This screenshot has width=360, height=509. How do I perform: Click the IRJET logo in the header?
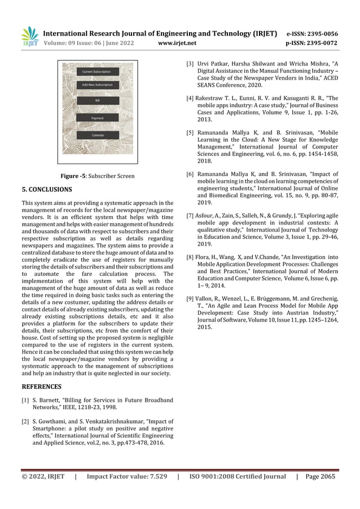click(x=30, y=36)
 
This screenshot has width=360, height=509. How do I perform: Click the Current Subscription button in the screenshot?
click(x=96, y=72)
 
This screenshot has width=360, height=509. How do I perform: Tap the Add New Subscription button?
click(x=97, y=85)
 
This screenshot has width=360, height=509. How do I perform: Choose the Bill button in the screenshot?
click(x=97, y=100)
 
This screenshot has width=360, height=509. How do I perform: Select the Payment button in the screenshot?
click(x=97, y=118)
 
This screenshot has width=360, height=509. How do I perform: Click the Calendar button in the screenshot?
click(x=97, y=136)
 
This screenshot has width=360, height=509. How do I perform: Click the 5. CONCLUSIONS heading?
click(x=46, y=190)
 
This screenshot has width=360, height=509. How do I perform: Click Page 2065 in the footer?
click(x=319, y=476)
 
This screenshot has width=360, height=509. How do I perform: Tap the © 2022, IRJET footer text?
click(x=43, y=476)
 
